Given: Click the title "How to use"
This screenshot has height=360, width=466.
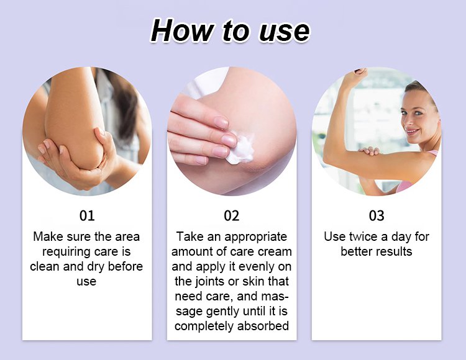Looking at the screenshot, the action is pos(230,30).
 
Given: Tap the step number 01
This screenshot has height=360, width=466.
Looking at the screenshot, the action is pos(87,216).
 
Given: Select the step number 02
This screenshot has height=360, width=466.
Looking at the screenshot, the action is pos(232,216).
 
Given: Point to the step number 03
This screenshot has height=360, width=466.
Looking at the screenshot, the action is pos(377,216).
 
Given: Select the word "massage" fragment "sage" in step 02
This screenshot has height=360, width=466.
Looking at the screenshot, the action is pos(189,312).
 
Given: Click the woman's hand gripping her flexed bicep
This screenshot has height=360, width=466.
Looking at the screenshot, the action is pos(369,151).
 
